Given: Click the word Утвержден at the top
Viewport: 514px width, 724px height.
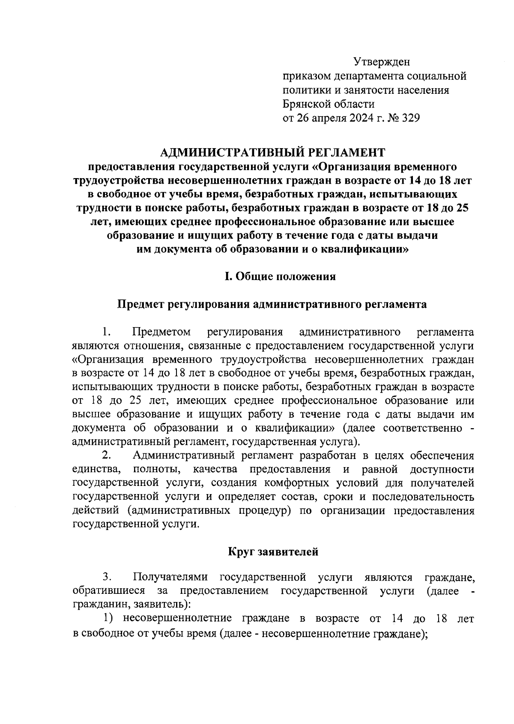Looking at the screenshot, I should pyautogui.click(x=382, y=63).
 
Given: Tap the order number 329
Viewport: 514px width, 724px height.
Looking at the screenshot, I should pyautogui.click(x=409, y=118).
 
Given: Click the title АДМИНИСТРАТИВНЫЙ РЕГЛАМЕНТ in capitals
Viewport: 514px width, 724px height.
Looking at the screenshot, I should pyautogui.click(x=272, y=152).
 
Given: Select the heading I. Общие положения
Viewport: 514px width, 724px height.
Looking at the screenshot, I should pyautogui.click(x=281, y=277).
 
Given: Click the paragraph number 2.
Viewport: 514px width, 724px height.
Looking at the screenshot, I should pyautogui.click(x=107, y=455).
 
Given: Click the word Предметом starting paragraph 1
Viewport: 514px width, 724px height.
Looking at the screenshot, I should pyautogui.click(x=161, y=332).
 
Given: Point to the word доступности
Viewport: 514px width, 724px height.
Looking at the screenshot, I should pyautogui.click(x=442, y=469).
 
